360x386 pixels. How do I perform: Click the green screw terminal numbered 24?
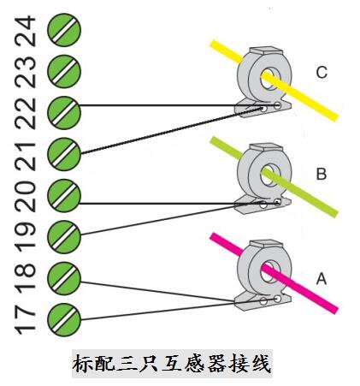tap(64, 30)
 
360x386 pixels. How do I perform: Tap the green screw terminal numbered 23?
tap(64, 71)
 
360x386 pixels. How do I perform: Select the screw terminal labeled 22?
tap(64, 113)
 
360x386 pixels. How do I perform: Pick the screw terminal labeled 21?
tap(64, 154)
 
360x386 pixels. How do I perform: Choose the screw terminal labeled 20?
tap(64, 196)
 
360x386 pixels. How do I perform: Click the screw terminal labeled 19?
tap(64, 237)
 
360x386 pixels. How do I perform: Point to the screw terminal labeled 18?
tap(64, 278)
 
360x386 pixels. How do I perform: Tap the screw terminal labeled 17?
tap(64, 320)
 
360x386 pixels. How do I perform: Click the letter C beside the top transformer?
tap(322, 73)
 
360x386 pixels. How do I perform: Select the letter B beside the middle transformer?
tap(322, 174)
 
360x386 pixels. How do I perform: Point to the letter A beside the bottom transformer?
tap(322, 279)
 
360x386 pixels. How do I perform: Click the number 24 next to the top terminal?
tap(26, 31)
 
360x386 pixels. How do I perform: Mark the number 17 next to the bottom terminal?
tap(26, 320)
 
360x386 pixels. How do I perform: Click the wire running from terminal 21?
tap(172, 131)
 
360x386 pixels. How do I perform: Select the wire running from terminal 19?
tap(171, 218)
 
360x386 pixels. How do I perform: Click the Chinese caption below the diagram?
tap(172, 364)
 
